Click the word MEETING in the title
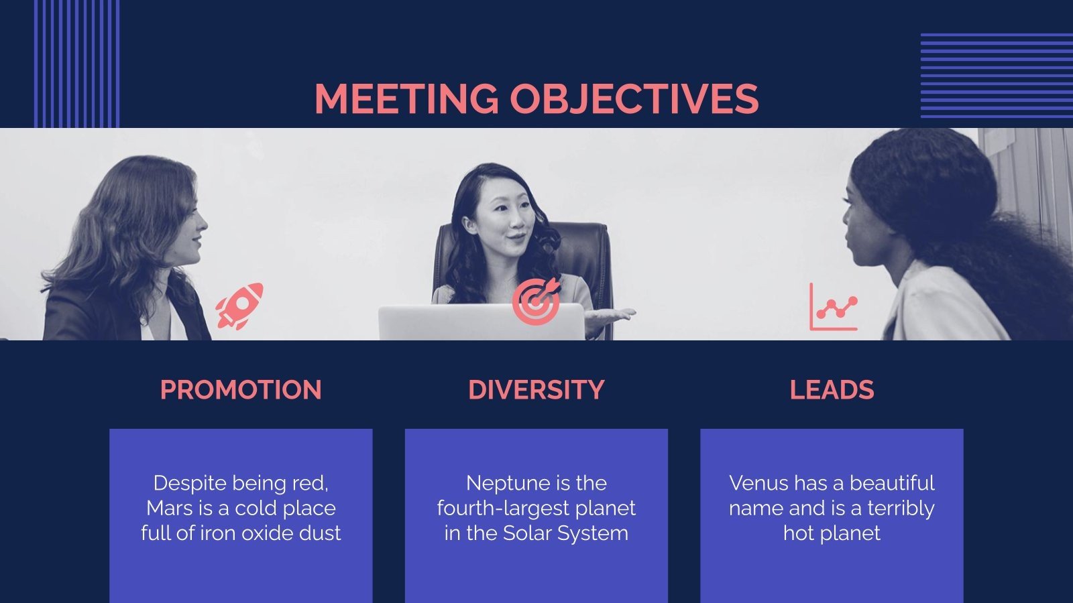[x=406, y=99]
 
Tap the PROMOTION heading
[x=241, y=390]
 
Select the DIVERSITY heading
[x=536, y=390]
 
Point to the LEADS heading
[x=832, y=390]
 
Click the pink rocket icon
[x=239, y=306]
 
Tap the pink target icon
[x=536, y=301]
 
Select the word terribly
[x=901, y=508]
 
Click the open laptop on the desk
[x=482, y=324]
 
